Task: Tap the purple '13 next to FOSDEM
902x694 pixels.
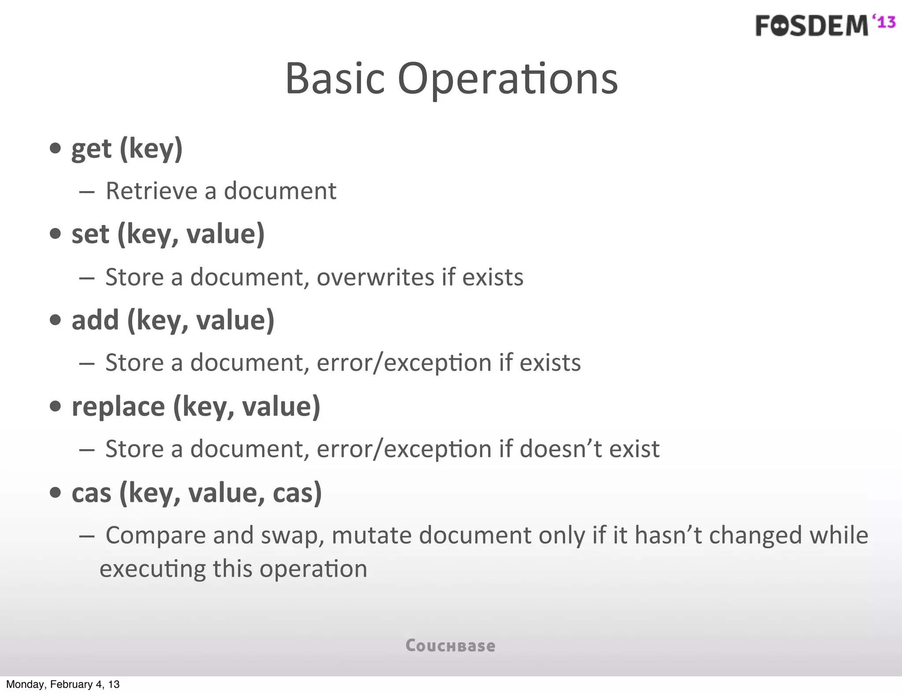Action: pyautogui.click(x=884, y=22)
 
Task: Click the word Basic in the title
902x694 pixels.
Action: pyautogui.click(x=335, y=79)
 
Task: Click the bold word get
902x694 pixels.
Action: pyautogui.click(x=92, y=150)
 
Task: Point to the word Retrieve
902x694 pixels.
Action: pyautogui.click(x=152, y=191)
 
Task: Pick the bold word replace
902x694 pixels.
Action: pyautogui.click(x=118, y=407)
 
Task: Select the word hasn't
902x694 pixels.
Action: pyautogui.click(x=669, y=535)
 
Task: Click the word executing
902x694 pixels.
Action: pyautogui.click(x=152, y=569)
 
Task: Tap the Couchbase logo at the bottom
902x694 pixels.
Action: pyautogui.click(x=450, y=646)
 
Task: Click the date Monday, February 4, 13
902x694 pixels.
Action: pyautogui.click(x=63, y=684)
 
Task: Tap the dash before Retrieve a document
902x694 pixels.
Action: pyautogui.click(x=87, y=192)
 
